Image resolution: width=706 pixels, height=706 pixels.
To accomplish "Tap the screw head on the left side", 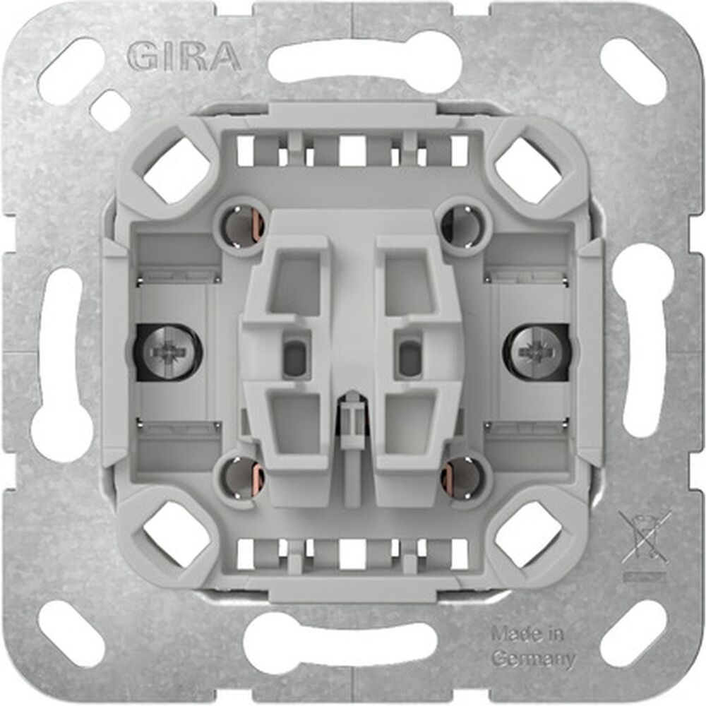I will pos(167,351).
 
